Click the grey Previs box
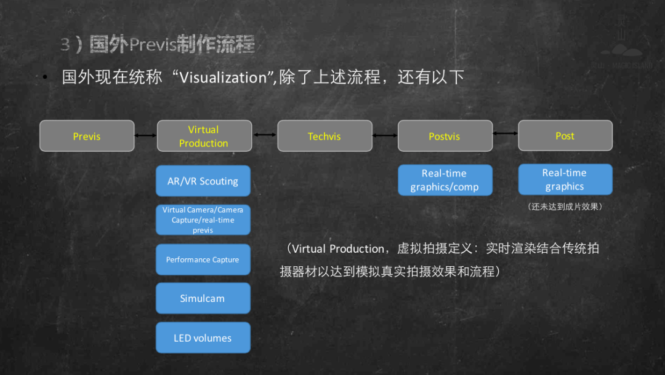coord(87,136)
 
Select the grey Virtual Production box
coord(204,136)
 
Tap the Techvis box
coord(324,136)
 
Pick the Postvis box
coord(445,136)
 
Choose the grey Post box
coord(565,135)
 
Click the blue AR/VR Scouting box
coord(203,181)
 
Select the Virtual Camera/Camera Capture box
coord(203,219)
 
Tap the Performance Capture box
coord(203,259)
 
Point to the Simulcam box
coord(203,298)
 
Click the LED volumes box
coord(203,337)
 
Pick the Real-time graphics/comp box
coord(445,180)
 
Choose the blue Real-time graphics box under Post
coord(565,180)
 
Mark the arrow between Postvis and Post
coord(505,133)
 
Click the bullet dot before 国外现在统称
coord(45,78)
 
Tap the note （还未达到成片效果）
coord(565,207)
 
